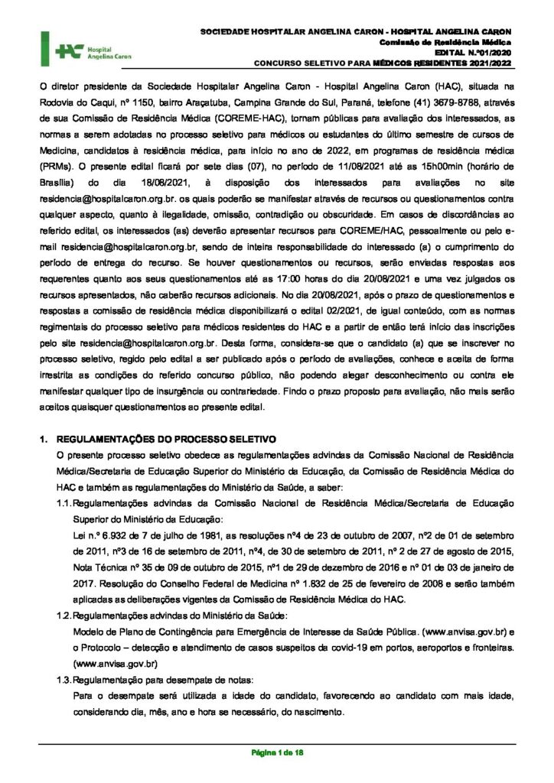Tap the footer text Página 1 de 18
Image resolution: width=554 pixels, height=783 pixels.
pos(278,753)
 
